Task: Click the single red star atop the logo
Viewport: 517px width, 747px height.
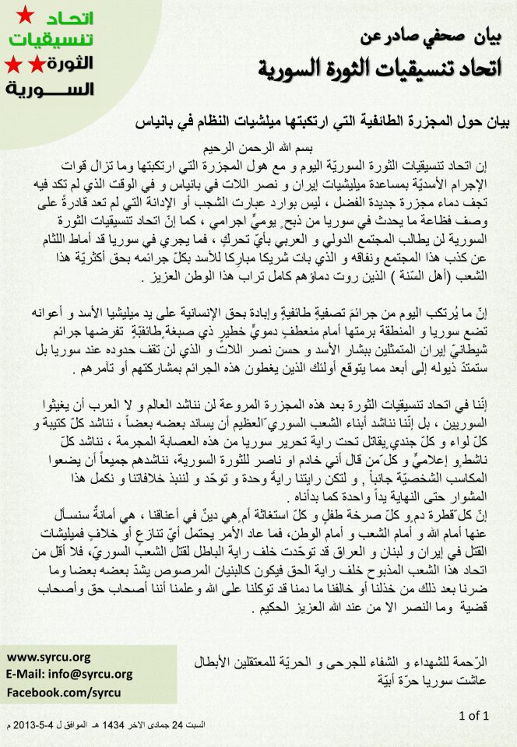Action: [x=26, y=13]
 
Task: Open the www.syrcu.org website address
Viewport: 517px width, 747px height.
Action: [x=48, y=657]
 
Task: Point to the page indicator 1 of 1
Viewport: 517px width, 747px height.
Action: [x=473, y=714]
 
